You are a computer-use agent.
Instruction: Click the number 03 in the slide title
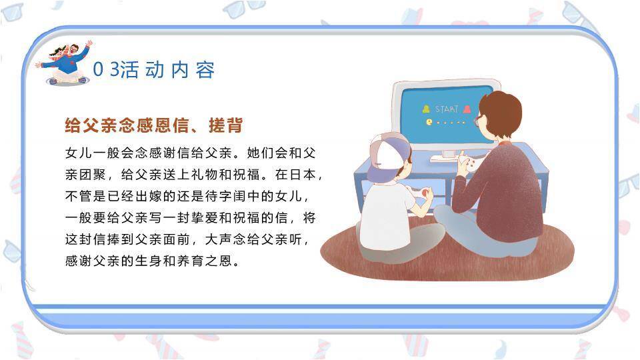[105, 70]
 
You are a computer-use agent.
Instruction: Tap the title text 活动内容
[168, 70]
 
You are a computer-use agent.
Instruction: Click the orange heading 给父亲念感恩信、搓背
[153, 125]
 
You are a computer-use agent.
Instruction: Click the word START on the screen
[447, 109]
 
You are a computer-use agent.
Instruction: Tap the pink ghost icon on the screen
[467, 109]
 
